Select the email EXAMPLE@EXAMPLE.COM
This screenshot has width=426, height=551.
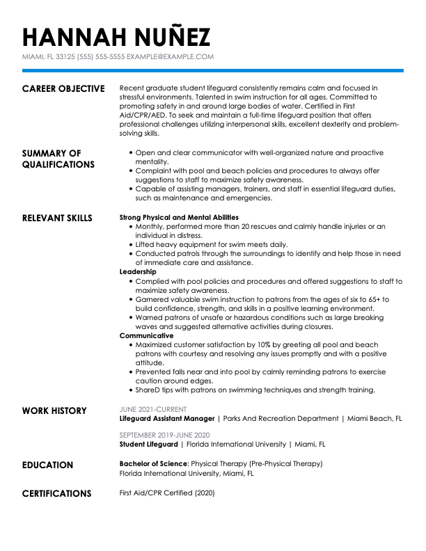point(171,57)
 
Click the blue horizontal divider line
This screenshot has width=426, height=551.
point(213,70)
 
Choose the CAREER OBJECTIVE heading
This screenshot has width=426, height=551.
point(63,89)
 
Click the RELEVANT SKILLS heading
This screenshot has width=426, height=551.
point(57,218)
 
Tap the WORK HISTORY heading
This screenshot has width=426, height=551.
point(54,411)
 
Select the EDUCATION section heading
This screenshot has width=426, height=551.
point(47,465)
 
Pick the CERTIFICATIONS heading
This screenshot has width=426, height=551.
point(56,494)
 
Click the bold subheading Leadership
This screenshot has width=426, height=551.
point(138,272)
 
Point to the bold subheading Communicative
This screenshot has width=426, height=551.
point(146,335)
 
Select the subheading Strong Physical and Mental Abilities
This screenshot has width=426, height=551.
point(179,218)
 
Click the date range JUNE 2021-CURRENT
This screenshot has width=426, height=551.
point(152,410)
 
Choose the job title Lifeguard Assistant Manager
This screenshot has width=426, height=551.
point(167,420)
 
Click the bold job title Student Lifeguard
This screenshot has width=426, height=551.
point(149,444)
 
